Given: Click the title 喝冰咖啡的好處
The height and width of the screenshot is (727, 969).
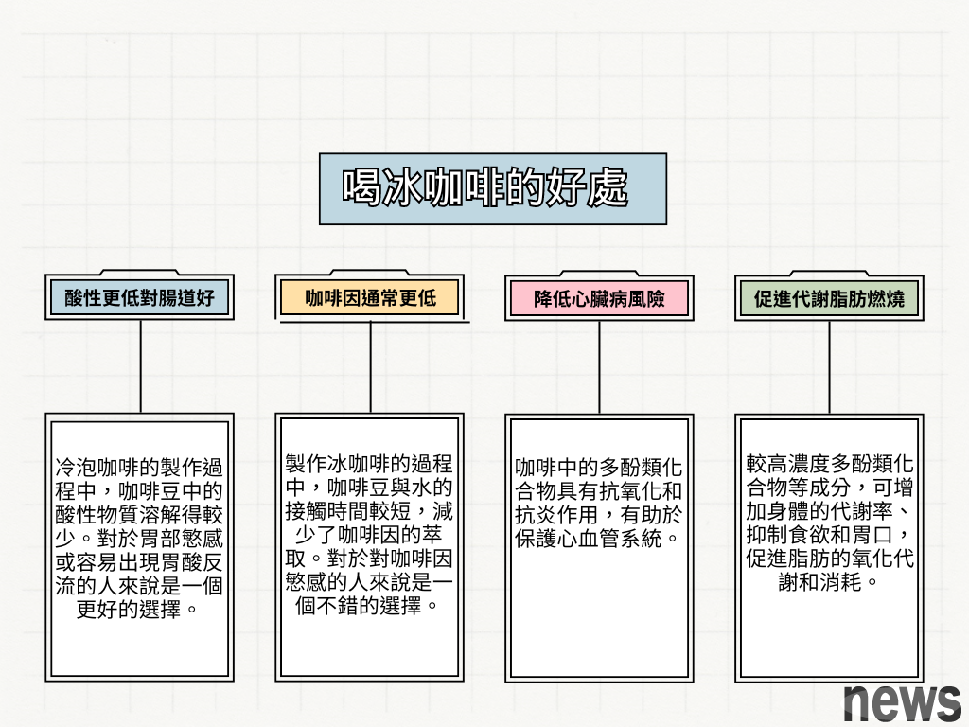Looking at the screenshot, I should pyautogui.click(x=484, y=189).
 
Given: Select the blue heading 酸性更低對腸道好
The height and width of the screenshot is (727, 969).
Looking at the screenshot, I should pyautogui.click(x=140, y=299).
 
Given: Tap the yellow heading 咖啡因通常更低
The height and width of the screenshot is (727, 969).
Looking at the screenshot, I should pyautogui.click(x=370, y=298).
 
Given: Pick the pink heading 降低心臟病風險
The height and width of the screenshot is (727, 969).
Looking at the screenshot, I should pyautogui.click(x=599, y=299).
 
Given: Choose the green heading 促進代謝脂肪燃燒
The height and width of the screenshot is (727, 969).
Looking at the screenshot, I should pyautogui.click(x=829, y=299).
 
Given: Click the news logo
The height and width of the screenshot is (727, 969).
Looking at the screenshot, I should pyautogui.click(x=902, y=702).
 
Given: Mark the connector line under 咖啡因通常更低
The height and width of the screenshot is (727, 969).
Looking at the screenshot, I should pyautogui.click(x=370, y=365).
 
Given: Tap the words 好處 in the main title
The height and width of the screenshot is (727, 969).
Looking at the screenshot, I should pyautogui.click(x=589, y=189).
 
